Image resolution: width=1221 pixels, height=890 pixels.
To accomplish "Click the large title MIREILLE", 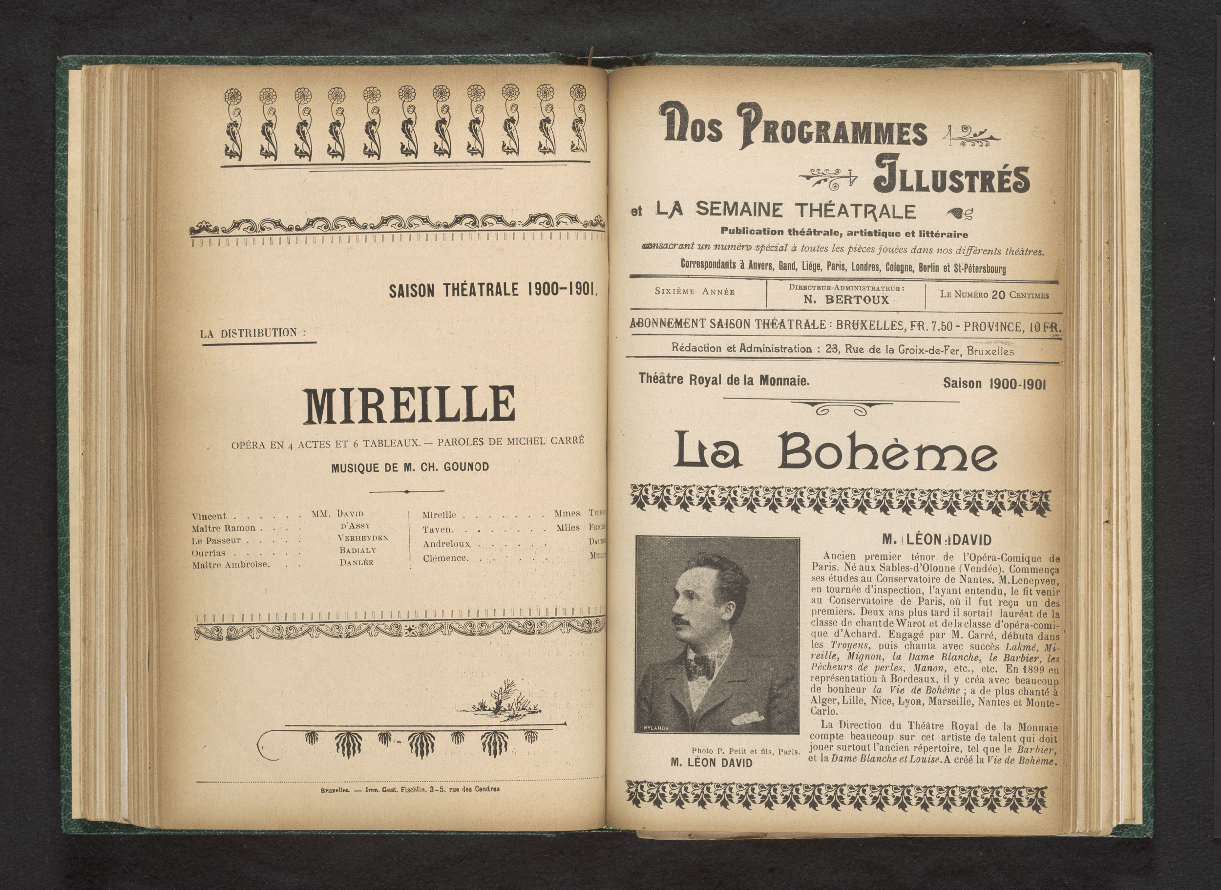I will pos(409,405).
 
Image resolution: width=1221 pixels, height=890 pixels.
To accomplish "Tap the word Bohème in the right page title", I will pos(887,450).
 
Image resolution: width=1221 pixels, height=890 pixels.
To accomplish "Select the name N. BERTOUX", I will pos(846,300).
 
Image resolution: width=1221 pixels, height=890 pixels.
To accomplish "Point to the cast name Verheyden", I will pos(362,538).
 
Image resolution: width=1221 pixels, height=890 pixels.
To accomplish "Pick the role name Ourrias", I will pos(209,553).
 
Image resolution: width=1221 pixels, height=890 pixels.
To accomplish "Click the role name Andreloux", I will pos(446,544).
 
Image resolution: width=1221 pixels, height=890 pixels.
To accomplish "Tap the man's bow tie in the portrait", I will pos(701,667).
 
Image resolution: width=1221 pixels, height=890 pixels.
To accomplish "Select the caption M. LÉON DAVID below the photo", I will pos(711,763).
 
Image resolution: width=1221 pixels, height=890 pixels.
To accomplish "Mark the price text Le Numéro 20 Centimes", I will pos(994,295).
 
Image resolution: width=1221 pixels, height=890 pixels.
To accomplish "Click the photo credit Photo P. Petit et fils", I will pos(745,751).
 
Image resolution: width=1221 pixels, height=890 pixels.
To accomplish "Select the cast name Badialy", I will pos(358,550).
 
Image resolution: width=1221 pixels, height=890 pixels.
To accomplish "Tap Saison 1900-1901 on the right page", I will pos(994,383).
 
